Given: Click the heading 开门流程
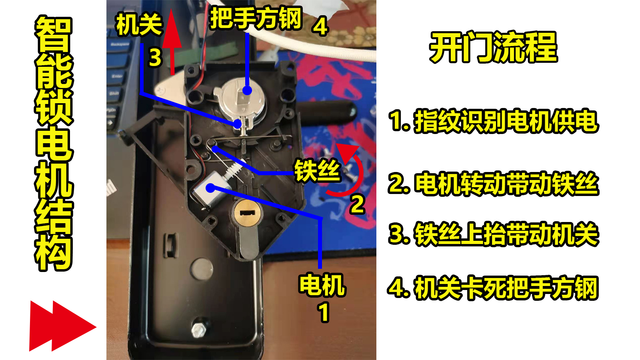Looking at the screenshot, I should pyautogui.click(x=493, y=47).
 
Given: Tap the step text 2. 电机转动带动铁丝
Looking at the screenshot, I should pyautogui.click(x=493, y=184).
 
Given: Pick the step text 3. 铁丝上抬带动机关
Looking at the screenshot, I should pyautogui.click(x=493, y=234).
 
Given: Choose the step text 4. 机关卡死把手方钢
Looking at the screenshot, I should pyautogui.click(x=493, y=288).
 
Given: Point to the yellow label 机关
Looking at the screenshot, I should pyautogui.click(x=139, y=25).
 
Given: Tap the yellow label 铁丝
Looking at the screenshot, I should pyautogui.click(x=317, y=171).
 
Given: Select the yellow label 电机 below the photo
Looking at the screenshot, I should pyautogui.click(x=322, y=285).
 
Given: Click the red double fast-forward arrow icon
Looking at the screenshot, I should pyautogui.click(x=62, y=326).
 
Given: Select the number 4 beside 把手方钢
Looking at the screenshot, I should pyautogui.click(x=320, y=27).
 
